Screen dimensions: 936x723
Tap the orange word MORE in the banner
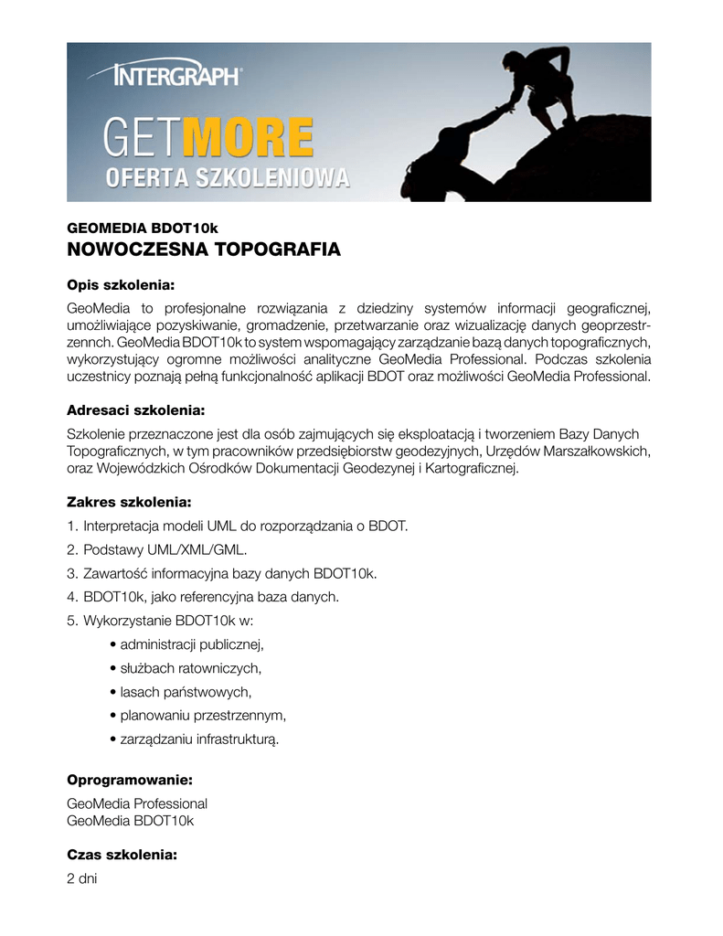(x=248, y=140)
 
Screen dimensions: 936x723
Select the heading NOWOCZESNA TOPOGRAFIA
(x=204, y=250)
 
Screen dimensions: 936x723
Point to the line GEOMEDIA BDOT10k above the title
(x=143, y=227)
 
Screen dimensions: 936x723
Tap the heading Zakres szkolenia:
(x=129, y=502)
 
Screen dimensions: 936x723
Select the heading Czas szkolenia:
(x=122, y=856)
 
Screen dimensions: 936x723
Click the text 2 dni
(x=81, y=878)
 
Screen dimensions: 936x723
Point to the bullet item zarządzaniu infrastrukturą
(x=199, y=739)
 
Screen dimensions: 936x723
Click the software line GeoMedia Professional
(x=137, y=803)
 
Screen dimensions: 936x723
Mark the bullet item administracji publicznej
(x=191, y=644)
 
